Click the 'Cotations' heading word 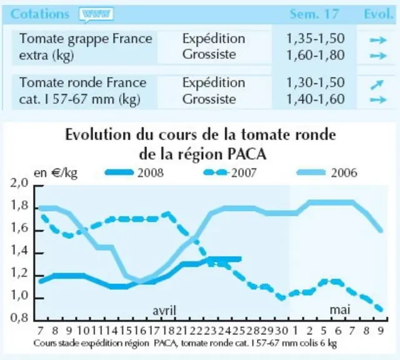pos(40,14)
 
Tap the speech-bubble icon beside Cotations pos(96,15)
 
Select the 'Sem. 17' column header pos(314,14)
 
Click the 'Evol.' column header pos(378,14)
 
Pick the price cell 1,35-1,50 pos(316,39)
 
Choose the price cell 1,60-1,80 pos(316,55)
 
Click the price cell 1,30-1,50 pos(316,82)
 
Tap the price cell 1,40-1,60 pos(316,99)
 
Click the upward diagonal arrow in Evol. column pos(377,85)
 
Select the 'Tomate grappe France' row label pos(86,39)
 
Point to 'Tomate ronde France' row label pos(83,82)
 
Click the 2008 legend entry pos(134,172)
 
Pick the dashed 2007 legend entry pos(230,172)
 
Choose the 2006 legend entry pos(327,172)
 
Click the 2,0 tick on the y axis pos(19,183)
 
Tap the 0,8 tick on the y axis pos(19,318)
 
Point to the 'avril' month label pos(164,311)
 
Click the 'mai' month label pos(340,310)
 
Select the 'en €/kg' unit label pos(56,173)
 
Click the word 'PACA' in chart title pos(246,154)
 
